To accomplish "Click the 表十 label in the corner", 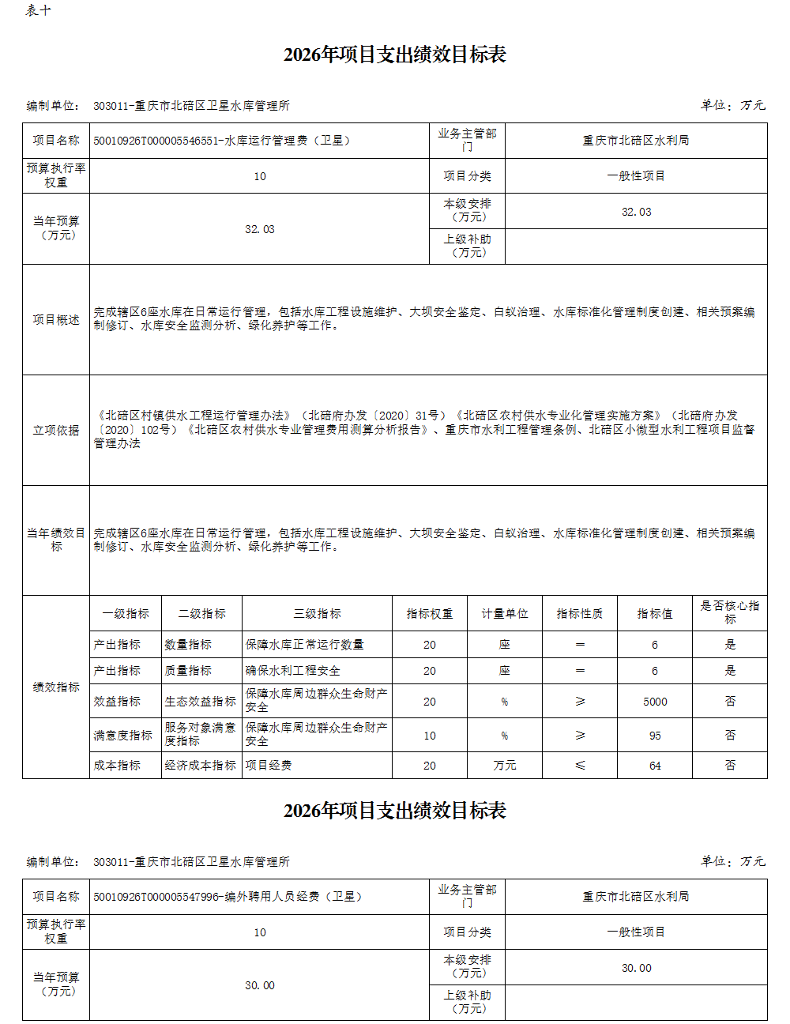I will [x=38, y=10].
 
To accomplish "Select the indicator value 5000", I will [x=655, y=702].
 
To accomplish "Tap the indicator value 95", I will [x=655, y=736].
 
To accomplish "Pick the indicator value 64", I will [x=655, y=766].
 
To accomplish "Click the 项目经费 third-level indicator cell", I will [x=269, y=766].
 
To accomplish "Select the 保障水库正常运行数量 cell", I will [x=305, y=645].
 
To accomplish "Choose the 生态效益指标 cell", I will [x=201, y=702].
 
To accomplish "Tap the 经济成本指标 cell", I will [x=201, y=766].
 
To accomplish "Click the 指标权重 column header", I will [x=430, y=614].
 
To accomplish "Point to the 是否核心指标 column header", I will [x=730, y=612].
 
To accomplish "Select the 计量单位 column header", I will [x=505, y=614].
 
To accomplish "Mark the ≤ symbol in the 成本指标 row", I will [x=580, y=766].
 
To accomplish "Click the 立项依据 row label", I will [x=56, y=431].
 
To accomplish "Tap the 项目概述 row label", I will [x=56, y=320].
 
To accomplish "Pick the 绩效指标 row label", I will [x=56, y=687].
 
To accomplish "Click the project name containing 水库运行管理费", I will [x=222, y=141].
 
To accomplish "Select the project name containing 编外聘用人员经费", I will [x=228, y=897].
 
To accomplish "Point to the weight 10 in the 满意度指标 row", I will [x=430, y=736].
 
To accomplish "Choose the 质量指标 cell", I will [x=188, y=671].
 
